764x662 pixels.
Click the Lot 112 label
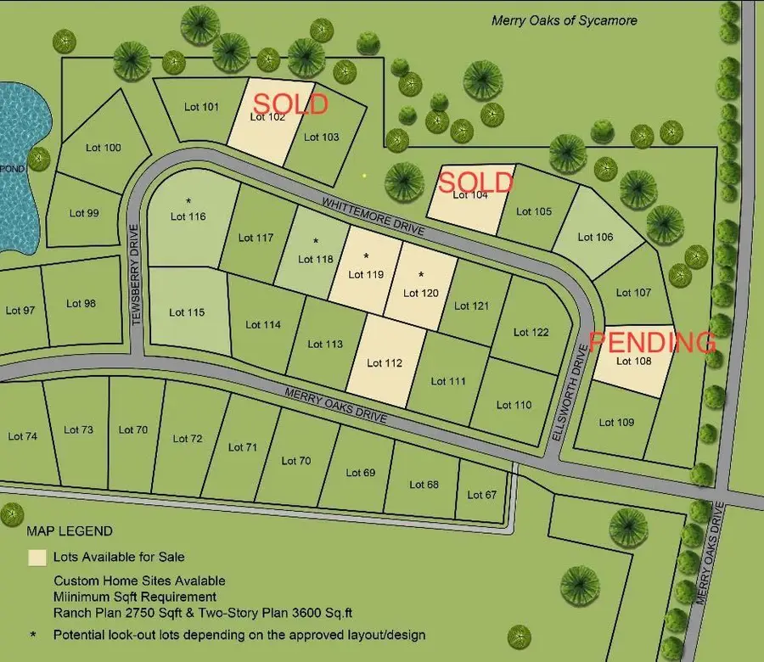(385, 362)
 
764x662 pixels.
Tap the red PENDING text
(651, 343)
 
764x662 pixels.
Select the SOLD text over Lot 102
(290, 104)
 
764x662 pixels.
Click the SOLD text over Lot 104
(475, 182)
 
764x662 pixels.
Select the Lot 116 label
(188, 216)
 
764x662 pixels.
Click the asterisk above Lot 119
(366, 256)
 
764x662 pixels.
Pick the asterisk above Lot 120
(421, 275)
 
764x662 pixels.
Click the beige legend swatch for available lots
(37, 558)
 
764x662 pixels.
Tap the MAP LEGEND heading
(70, 531)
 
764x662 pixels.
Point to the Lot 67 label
(481, 495)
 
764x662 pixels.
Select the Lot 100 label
(104, 148)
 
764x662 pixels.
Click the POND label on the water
(13, 169)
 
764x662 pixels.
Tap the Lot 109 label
(616, 422)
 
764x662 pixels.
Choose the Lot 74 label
(22, 436)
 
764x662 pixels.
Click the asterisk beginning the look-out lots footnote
(33, 634)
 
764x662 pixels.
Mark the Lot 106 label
(595, 237)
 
